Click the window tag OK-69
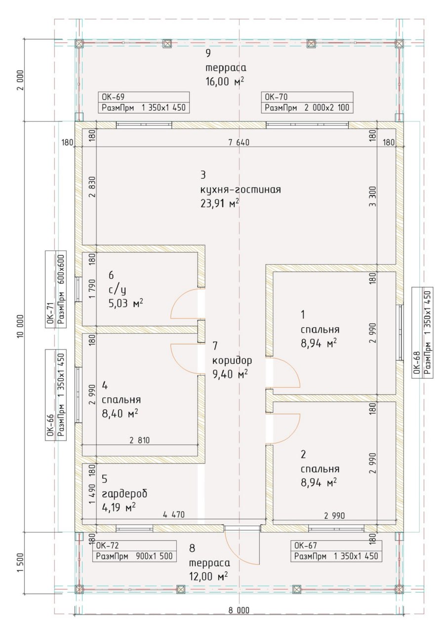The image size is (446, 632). tap(144, 102)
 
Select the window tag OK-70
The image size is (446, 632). tap(307, 102)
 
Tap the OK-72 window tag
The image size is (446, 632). tap(134, 551)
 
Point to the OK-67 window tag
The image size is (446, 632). tap(336, 551)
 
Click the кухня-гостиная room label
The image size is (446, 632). tap(241, 189)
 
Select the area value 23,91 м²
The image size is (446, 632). tap(220, 203)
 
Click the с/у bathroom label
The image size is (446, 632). tap(117, 289)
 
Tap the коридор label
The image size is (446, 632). tap(232, 360)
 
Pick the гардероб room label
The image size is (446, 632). tap(124, 494)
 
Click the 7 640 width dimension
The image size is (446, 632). tap(239, 143)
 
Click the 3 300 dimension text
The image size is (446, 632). tap(373, 197)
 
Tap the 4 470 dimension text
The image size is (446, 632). tap(174, 514)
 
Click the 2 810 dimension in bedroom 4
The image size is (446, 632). tap(139, 440)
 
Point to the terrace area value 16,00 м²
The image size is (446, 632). tap(225, 82)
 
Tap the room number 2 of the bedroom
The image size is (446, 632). tap(303, 455)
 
